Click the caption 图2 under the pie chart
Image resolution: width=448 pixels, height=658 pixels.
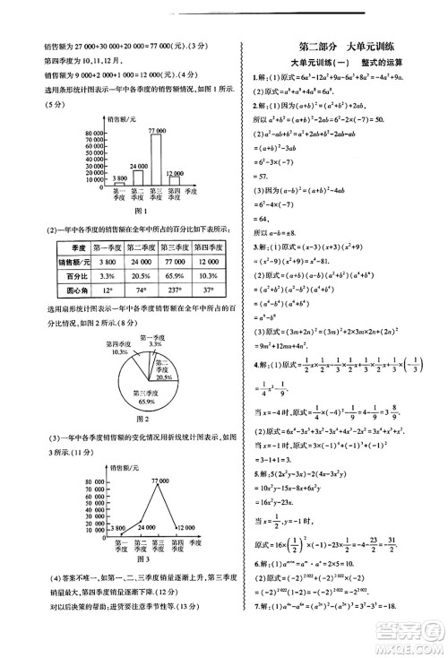pos(142,420)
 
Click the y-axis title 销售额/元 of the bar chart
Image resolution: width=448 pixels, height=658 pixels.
pos(123,117)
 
